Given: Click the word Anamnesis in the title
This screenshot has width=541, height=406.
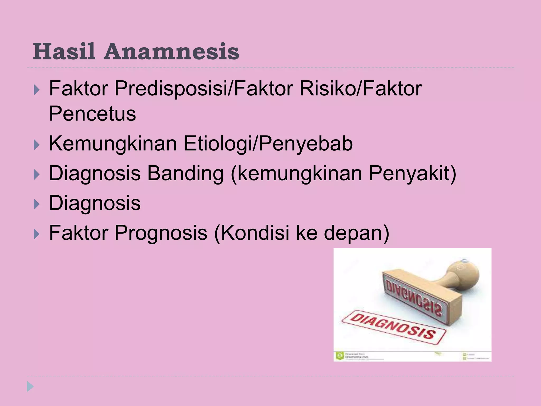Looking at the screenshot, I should pyautogui.click(x=171, y=51).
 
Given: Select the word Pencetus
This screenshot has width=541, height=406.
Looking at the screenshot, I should pyautogui.click(x=92, y=114).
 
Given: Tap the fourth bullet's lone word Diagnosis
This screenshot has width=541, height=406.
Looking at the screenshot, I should pyautogui.click(x=95, y=203).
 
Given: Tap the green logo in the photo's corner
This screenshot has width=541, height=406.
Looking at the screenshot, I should pyautogui.click(x=339, y=356).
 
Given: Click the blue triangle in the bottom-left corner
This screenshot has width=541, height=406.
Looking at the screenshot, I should pyautogui.click(x=30, y=387).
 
